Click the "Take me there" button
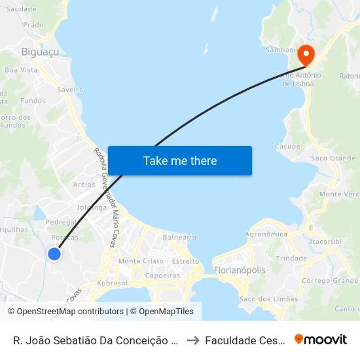(180, 160)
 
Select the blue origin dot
(55, 254)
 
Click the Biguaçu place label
(40, 52)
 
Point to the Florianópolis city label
(240, 270)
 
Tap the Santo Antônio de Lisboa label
(298, 79)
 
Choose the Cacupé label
(287, 146)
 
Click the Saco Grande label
(333, 158)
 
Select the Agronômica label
(266, 234)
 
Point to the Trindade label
(291, 258)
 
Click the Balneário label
(179, 237)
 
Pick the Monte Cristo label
(141, 261)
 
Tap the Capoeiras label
(162, 276)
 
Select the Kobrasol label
(112, 283)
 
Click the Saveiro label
(70, 89)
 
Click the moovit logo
(321, 340)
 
